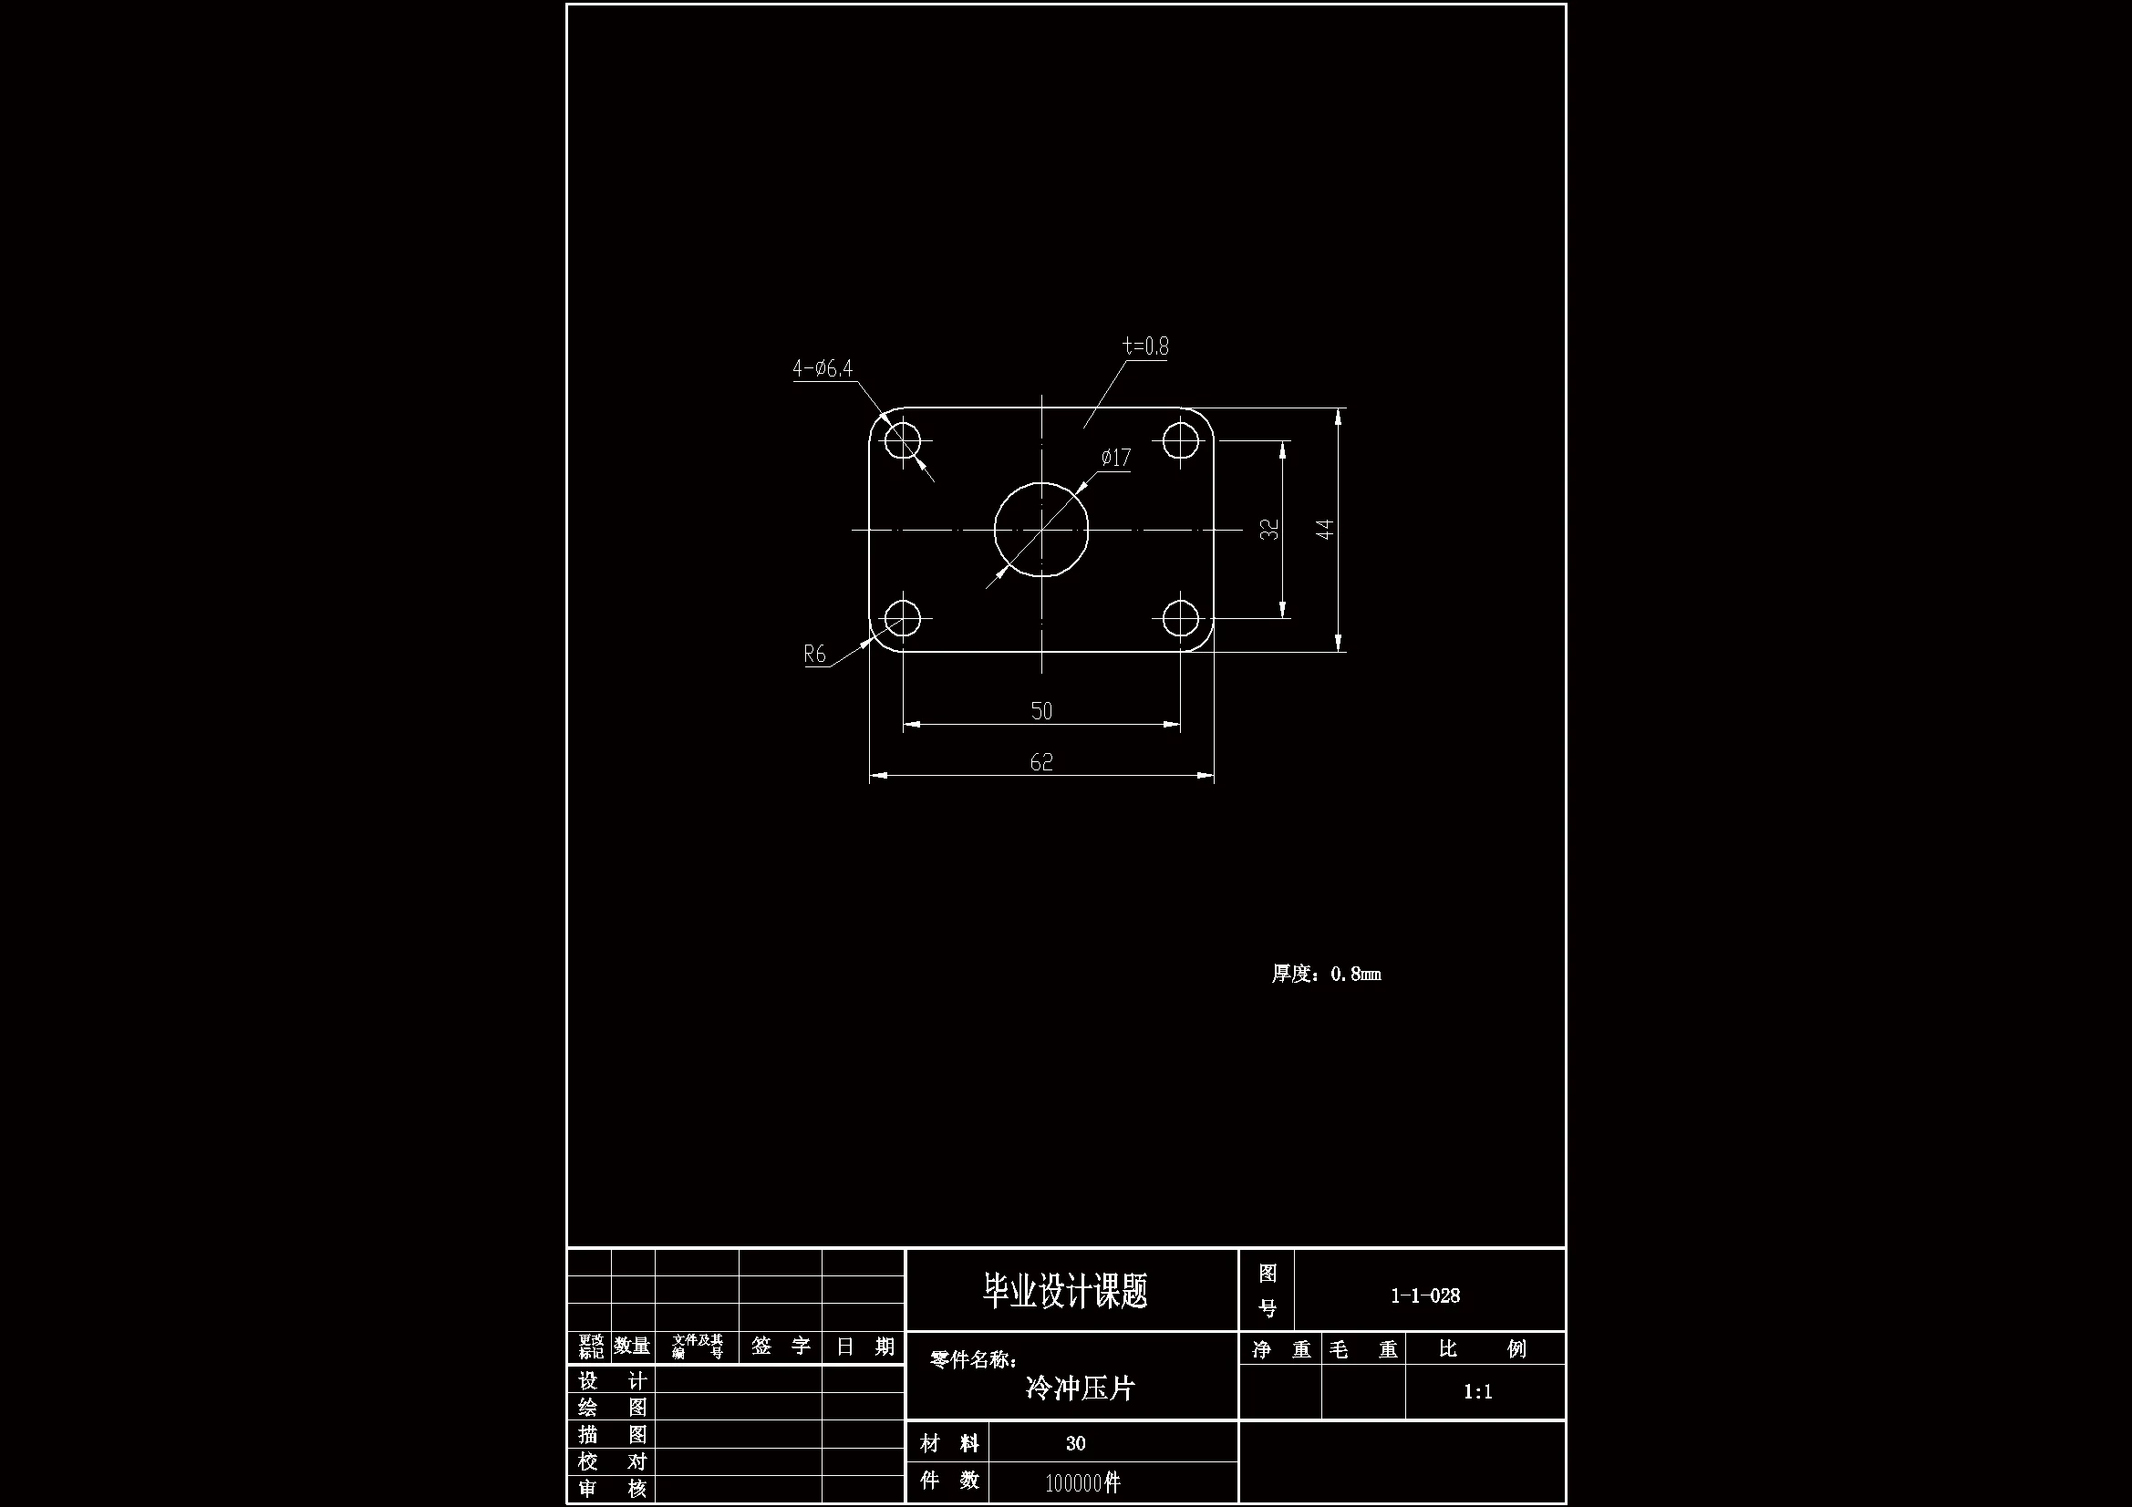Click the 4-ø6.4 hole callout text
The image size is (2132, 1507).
click(x=822, y=368)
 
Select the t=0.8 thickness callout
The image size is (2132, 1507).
click(x=1145, y=346)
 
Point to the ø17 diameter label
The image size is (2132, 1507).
click(x=1115, y=458)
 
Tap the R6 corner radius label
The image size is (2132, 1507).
click(x=814, y=655)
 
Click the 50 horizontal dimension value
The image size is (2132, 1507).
click(x=1041, y=711)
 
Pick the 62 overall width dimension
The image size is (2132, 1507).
click(x=1041, y=762)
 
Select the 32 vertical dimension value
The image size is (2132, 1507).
click(x=1268, y=530)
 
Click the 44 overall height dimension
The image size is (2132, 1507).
click(x=1325, y=530)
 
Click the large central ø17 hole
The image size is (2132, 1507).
click(x=1041, y=531)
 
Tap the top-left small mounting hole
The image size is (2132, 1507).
click(x=902, y=440)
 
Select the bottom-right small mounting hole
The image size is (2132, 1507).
click(x=1180, y=618)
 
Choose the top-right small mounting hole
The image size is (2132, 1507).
click(x=1180, y=440)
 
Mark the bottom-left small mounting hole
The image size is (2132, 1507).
click(x=902, y=618)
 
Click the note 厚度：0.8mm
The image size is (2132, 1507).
click(x=1326, y=974)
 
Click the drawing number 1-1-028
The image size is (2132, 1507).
click(x=1424, y=1295)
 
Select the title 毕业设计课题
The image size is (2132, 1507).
click(x=1065, y=1292)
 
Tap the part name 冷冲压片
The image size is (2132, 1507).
click(x=1080, y=1389)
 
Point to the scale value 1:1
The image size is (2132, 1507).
click(x=1477, y=1392)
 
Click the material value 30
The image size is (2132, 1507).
click(x=1075, y=1443)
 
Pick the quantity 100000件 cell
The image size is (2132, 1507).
click(x=1082, y=1483)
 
